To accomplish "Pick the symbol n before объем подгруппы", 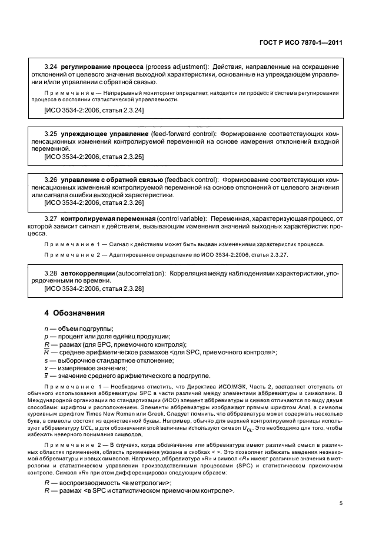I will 46,328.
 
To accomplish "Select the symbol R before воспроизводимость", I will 47,483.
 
